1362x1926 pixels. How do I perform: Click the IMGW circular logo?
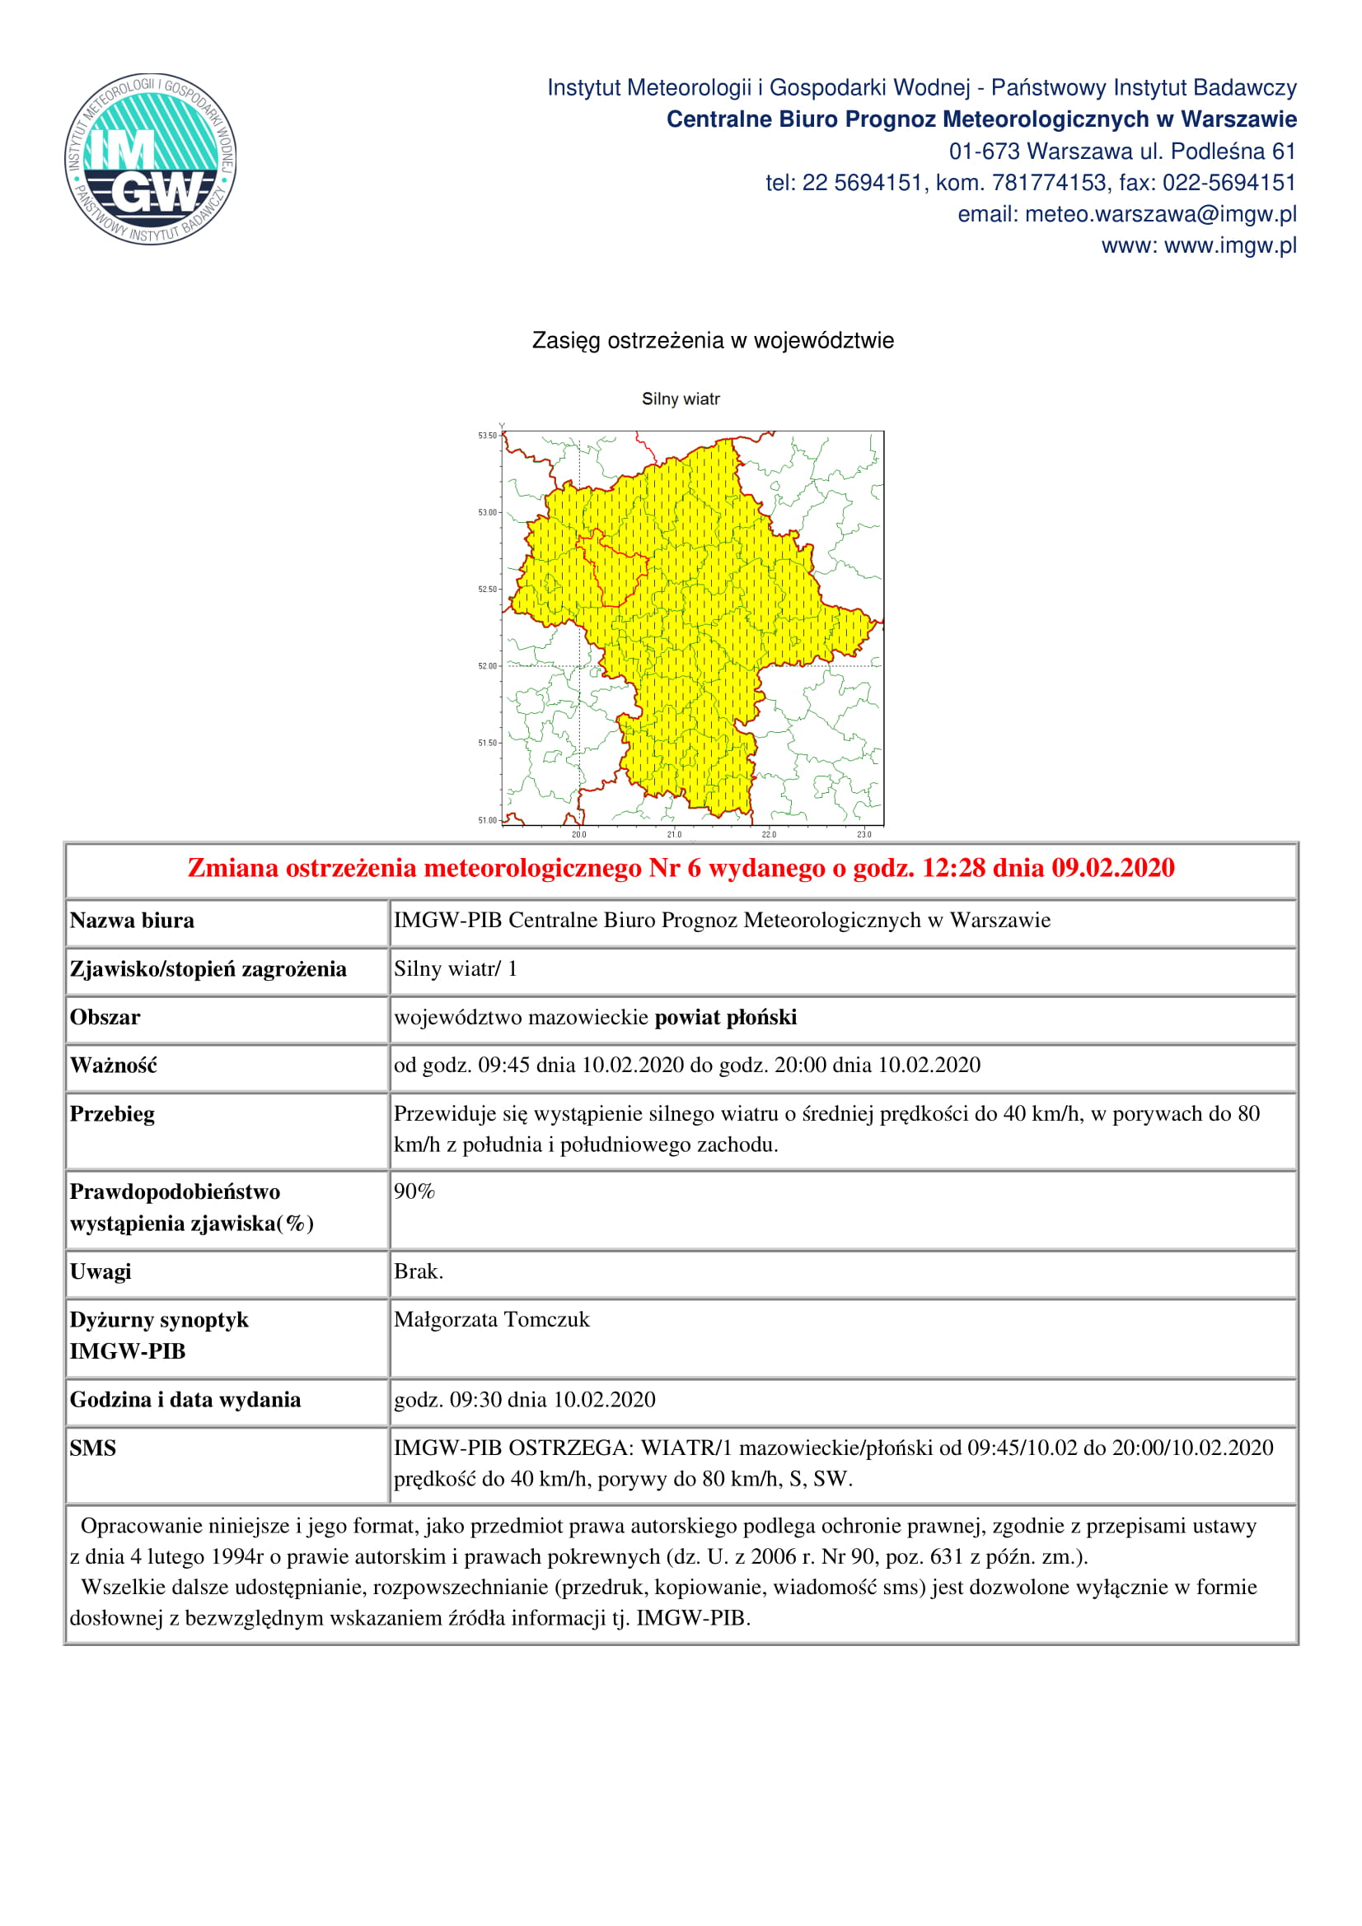pos(150,159)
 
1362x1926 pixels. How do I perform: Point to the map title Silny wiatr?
pos(681,399)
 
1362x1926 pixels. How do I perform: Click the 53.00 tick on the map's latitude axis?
pos(488,512)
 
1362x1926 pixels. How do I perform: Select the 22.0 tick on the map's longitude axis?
pos(769,835)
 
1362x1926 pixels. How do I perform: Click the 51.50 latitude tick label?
pos(488,744)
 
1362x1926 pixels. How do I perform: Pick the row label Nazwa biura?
pos(132,921)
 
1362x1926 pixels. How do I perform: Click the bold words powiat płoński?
pos(725,1018)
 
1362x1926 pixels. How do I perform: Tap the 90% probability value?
pos(414,1192)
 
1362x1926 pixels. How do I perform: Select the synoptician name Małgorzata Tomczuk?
pos(492,1320)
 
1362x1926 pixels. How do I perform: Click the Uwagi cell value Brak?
pos(419,1271)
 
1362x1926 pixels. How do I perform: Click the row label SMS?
pos(93,1448)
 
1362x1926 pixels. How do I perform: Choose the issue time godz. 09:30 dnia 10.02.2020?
pos(525,1400)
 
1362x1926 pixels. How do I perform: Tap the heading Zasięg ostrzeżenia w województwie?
pos(713,341)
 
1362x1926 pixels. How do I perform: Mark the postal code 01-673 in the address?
pos(984,151)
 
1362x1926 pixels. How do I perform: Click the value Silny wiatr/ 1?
pos(456,969)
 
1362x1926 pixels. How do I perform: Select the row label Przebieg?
pos(112,1114)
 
